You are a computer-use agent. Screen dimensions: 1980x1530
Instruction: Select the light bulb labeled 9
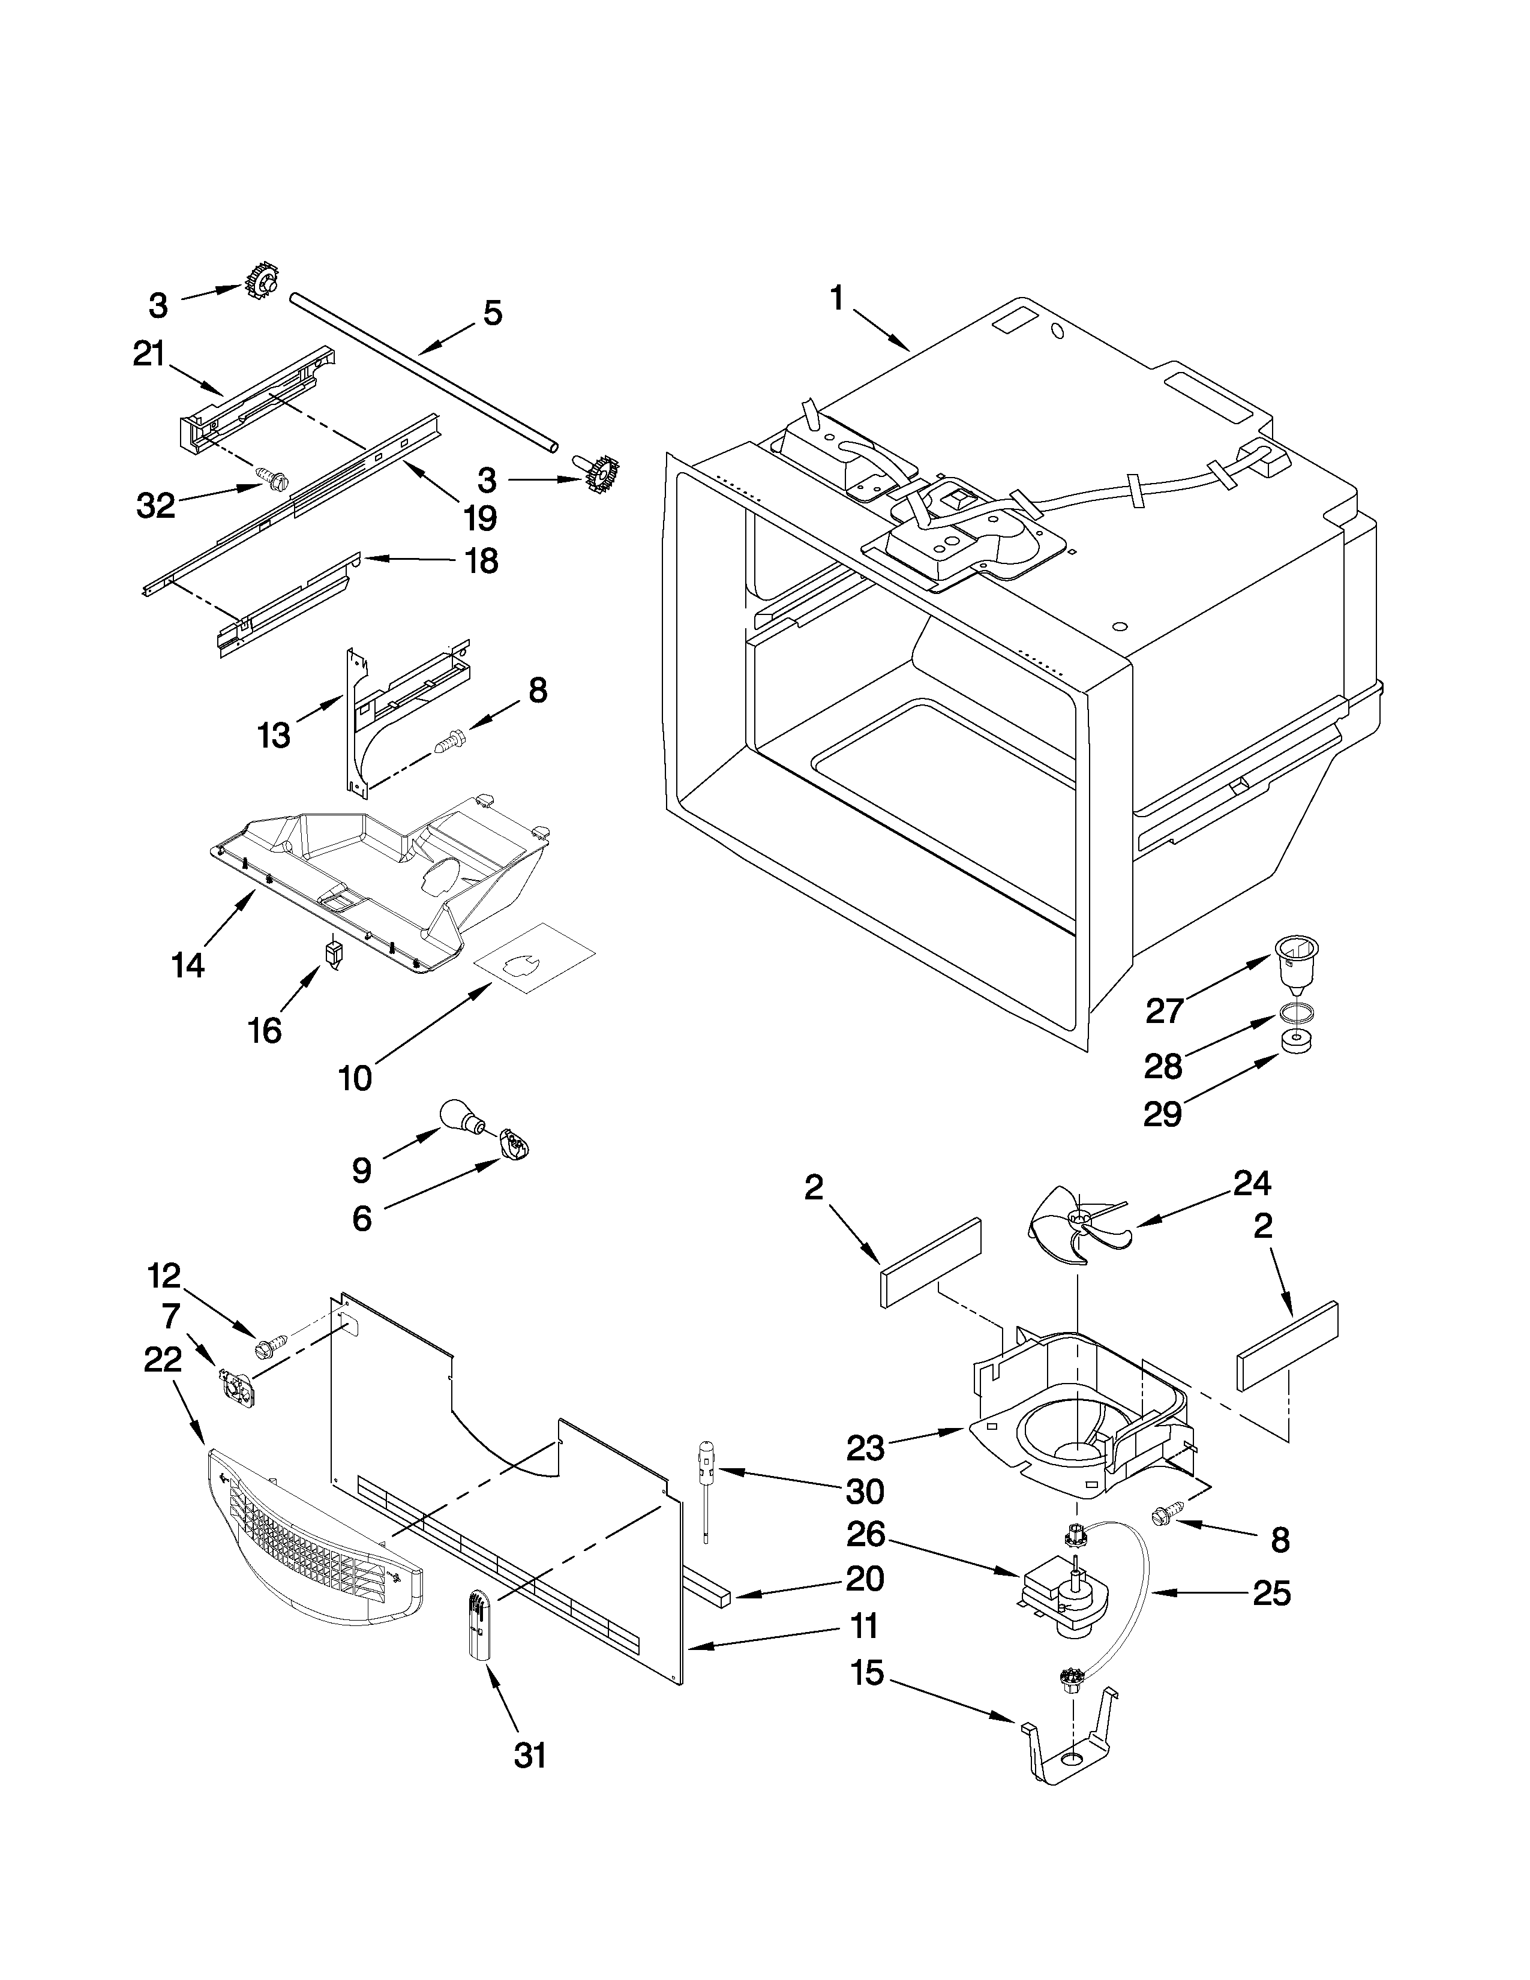460,1117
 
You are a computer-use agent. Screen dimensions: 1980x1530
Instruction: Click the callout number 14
188,967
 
